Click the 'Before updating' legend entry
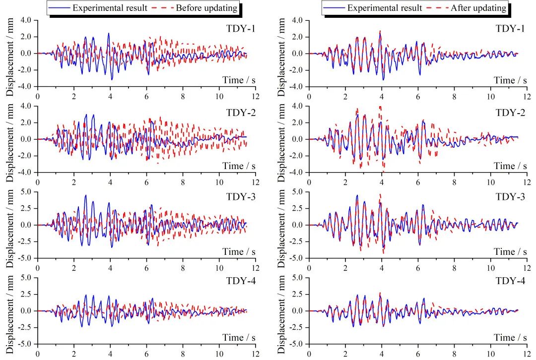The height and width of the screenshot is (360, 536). [x=207, y=8]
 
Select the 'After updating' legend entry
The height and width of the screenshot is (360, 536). [x=478, y=8]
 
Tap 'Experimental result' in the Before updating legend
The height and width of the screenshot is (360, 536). [x=110, y=8]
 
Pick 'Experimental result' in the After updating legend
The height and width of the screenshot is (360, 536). [x=384, y=8]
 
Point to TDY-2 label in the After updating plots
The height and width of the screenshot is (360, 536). [x=510, y=113]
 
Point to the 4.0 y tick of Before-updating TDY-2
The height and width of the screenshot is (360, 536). [x=25, y=106]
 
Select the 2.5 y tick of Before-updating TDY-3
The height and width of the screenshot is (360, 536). [x=25, y=208]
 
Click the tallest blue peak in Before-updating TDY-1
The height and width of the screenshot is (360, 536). [x=109, y=34]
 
